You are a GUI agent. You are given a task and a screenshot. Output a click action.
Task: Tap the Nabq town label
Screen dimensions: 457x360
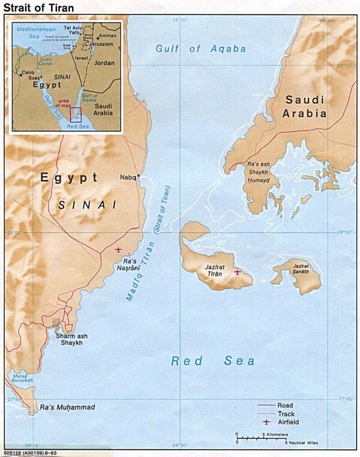click(128, 177)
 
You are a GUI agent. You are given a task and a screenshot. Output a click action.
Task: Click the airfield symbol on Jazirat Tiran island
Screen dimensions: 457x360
click(238, 272)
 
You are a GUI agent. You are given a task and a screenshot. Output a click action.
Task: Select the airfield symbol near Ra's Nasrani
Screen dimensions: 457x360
click(118, 249)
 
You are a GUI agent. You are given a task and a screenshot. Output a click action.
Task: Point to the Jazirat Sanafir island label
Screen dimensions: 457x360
click(301, 268)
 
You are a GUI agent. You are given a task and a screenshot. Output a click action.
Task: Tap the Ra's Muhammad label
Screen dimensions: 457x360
click(67, 408)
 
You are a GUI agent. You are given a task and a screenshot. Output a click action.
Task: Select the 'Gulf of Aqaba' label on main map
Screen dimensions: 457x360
click(200, 49)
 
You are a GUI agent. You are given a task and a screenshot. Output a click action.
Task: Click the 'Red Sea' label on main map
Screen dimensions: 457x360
click(212, 361)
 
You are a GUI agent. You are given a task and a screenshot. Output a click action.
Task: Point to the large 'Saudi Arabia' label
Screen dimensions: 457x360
click(305, 106)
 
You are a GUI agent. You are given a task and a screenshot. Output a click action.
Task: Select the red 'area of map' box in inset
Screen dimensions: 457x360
click(76, 114)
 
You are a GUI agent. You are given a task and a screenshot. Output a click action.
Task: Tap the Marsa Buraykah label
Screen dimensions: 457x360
click(20, 380)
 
